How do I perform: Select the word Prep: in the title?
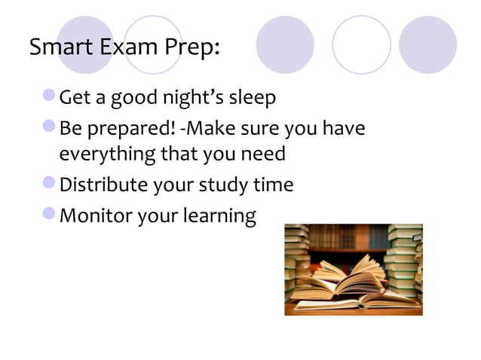pyautogui.click(x=193, y=48)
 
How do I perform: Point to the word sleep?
pyautogui.click(x=251, y=99)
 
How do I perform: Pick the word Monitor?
pyautogui.click(x=95, y=215)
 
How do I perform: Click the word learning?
pyautogui.click(x=222, y=217)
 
